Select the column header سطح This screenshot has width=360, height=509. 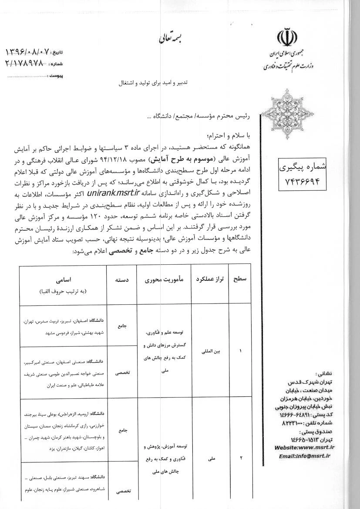(x=241, y=281)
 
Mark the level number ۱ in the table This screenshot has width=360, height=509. (x=241, y=350)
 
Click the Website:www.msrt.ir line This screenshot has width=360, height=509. (x=304, y=447)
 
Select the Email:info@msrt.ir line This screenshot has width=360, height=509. (x=305, y=456)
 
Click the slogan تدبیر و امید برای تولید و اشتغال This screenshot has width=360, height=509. (x=151, y=82)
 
